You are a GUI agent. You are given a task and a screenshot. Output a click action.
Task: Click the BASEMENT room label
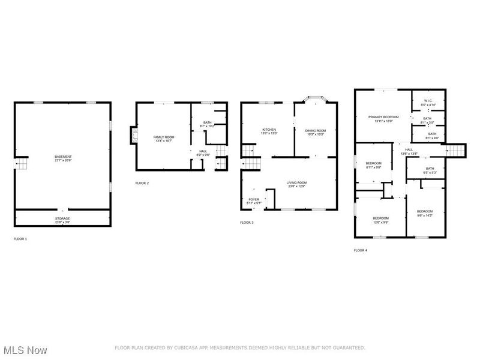(x=63, y=158)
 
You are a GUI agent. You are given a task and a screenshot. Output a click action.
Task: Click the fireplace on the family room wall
(x=133, y=136)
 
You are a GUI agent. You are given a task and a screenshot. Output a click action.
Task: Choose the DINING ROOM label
(x=315, y=132)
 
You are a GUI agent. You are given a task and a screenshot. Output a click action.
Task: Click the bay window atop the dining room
(x=315, y=98)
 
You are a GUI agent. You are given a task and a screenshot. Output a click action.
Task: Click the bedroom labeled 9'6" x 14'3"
(x=425, y=213)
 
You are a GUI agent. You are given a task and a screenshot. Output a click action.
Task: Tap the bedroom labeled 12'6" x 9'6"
(x=380, y=220)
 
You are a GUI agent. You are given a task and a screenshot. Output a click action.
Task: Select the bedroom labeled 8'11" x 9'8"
(x=374, y=165)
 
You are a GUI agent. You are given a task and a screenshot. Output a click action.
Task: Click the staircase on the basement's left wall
(x=22, y=163)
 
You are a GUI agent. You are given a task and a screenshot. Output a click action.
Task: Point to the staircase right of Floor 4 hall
(x=457, y=150)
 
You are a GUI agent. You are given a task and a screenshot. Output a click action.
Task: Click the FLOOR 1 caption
(x=20, y=239)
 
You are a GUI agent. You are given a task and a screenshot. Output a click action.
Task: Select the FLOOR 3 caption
(x=247, y=223)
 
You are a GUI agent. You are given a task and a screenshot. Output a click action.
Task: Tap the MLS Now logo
(x=26, y=349)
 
